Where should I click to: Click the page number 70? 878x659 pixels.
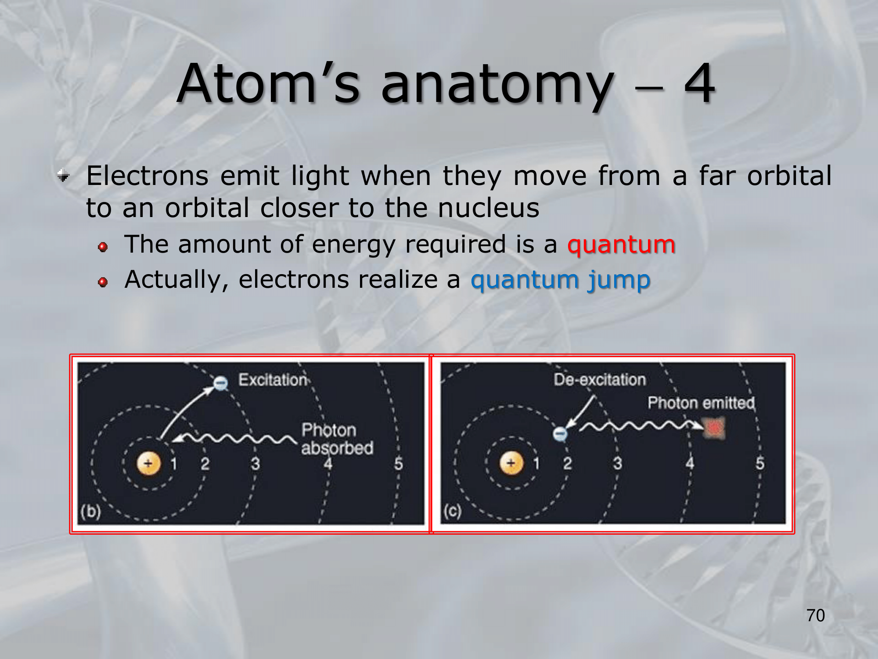pyautogui.click(x=816, y=616)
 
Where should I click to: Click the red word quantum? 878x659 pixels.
pyautogui.click(x=621, y=245)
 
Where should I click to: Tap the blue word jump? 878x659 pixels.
pyautogui.click(x=619, y=281)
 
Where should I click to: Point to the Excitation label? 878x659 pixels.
pyautogui.click(x=273, y=380)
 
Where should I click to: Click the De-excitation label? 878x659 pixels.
pyautogui.click(x=600, y=380)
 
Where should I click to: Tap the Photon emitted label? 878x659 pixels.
pyautogui.click(x=701, y=403)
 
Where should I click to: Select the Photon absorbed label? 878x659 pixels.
pyautogui.click(x=337, y=439)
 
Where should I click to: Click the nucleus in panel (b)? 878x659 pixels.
pyautogui.click(x=149, y=463)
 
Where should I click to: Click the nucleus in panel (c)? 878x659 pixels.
pyautogui.click(x=511, y=463)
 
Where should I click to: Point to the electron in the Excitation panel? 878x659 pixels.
pyautogui.click(x=221, y=383)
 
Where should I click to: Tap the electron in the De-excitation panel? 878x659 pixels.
pyautogui.click(x=560, y=434)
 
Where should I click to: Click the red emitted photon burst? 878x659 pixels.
pyautogui.click(x=714, y=428)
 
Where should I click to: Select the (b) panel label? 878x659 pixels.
pyautogui.click(x=90, y=511)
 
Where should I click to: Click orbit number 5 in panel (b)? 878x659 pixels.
pyautogui.click(x=399, y=463)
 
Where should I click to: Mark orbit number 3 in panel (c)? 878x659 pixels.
pyautogui.click(x=618, y=463)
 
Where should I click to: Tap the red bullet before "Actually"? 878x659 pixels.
pyautogui.click(x=103, y=282)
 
